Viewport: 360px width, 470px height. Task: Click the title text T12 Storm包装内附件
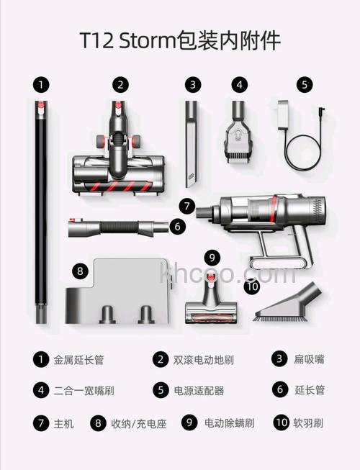coord(179,40)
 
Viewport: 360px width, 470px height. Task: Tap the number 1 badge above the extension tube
coord(42,84)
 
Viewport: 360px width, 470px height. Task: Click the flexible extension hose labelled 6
coord(119,228)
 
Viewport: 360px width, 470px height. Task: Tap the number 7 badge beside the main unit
coord(188,207)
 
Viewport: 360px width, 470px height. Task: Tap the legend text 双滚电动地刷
coord(203,359)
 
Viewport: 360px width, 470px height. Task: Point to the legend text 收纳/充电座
coord(136,424)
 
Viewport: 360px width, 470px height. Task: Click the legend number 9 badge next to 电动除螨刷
coord(189,423)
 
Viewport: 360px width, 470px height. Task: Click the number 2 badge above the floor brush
coord(120,84)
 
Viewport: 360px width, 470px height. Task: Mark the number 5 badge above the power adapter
coord(305,84)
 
